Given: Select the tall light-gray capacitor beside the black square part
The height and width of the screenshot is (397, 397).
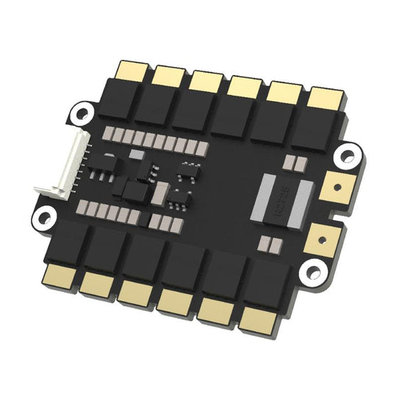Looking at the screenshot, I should pyautogui.click(x=160, y=194).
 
